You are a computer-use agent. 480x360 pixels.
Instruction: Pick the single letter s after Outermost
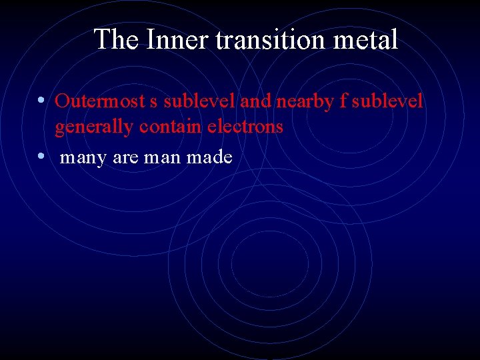[x=154, y=102]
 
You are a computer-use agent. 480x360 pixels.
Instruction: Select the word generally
[x=95, y=127]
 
